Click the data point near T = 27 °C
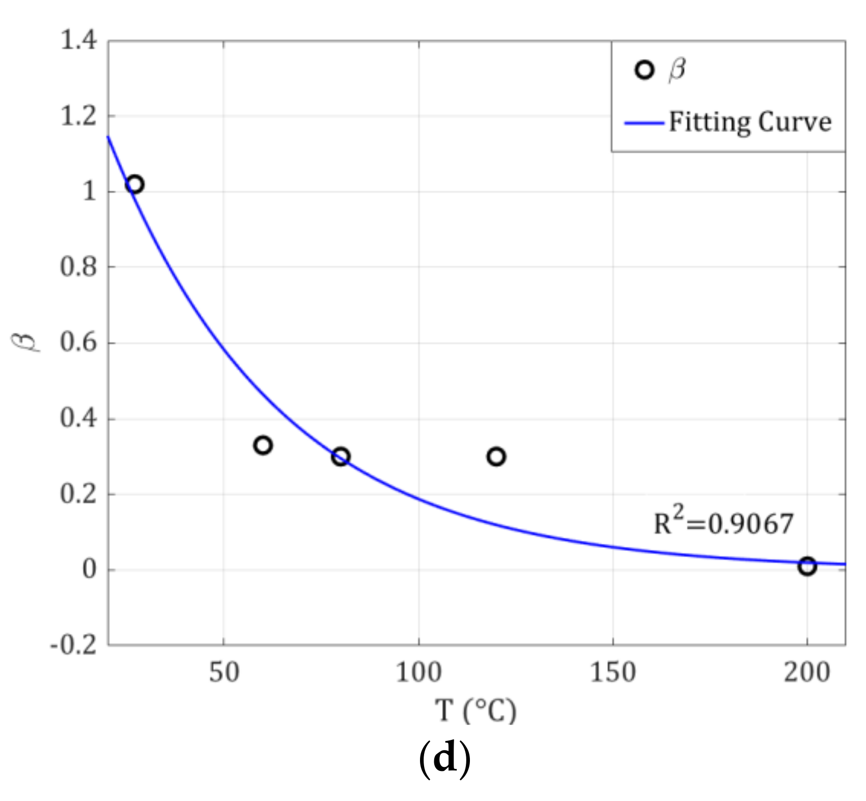[x=135, y=184]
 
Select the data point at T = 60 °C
[x=262, y=445]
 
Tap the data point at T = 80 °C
[x=341, y=457]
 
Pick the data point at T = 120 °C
[x=496, y=457]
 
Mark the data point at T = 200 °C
[x=807, y=566]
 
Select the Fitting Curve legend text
[x=750, y=122]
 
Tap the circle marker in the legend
[x=645, y=70]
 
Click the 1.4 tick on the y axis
[x=78, y=41]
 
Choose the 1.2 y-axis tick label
[x=78, y=116]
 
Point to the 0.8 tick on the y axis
[x=78, y=267]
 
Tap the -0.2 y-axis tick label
[x=73, y=646]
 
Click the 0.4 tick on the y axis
[x=78, y=419]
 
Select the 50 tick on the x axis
[x=224, y=673]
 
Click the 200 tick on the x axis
[x=807, y=673]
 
